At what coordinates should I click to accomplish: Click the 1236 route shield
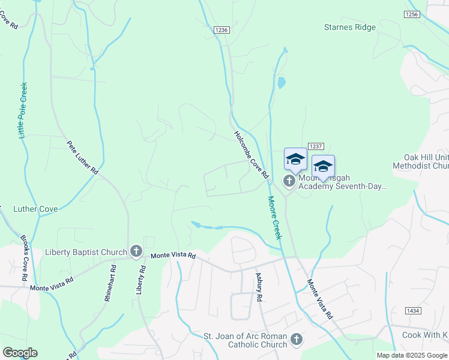coord(221,29)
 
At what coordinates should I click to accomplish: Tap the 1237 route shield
coord(316,146)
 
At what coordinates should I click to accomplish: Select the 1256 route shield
coord(412,14)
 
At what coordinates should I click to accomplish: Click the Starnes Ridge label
coord(349,27)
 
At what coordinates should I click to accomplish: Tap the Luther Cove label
coord(35,209)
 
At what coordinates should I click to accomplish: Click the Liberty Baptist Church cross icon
coord(136,252)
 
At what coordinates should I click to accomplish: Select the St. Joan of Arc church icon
coord(296,340)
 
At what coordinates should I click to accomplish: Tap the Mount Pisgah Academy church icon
coord(289,181)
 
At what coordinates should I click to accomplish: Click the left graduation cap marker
coord(295,159)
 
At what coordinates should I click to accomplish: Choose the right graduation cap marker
coord(323,166)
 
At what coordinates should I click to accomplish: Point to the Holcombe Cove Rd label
coord(250,154)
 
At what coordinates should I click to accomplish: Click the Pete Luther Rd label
coord(82,158)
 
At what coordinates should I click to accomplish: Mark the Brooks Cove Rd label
coord(25,259)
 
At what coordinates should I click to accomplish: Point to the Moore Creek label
coord(274,217)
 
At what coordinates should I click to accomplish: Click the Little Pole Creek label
coord(22,110)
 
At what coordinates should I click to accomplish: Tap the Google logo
coord(20,353)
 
